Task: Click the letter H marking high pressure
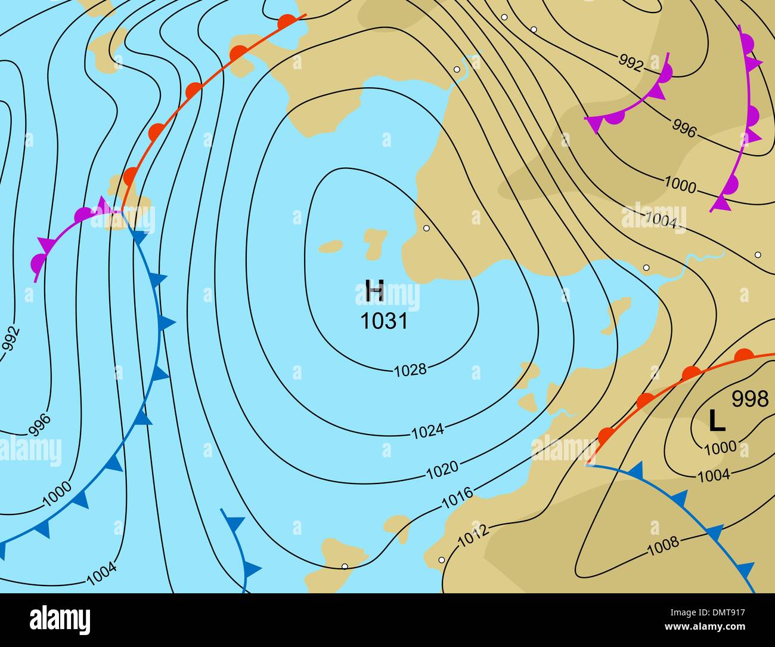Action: click(374, 292)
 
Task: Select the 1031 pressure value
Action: click(384, 321)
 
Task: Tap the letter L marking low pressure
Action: click(717, 421)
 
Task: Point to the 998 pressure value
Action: click(750, 399)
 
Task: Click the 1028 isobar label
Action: click(411, 370)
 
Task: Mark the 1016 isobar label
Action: click(457, 497)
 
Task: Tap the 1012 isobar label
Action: click(473, 535)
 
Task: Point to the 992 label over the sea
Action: click(11, 344)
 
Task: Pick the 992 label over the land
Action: click(630, 61)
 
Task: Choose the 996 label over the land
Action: click(684, 128)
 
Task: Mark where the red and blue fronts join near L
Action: click(588, 464)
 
